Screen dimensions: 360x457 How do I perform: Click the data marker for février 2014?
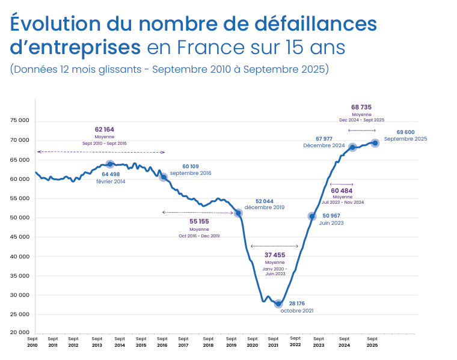(x=110, y=164)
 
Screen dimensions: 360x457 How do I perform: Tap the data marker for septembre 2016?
(x=163, y=177)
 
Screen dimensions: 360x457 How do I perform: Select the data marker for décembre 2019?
(x=238, y=213)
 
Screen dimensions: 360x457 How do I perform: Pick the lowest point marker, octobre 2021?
(x=278, y=304)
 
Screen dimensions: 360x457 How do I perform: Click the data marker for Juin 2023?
(x=311, y=216)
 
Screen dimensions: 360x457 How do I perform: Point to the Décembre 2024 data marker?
(x=352, y=147)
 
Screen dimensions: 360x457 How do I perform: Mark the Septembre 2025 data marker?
(x=375, y=143)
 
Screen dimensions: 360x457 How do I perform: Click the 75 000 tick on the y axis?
(x=20, y=120)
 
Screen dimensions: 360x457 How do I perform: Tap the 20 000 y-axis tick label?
(x=20, y=332)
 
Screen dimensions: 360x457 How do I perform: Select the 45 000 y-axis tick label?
(x=20, y=237)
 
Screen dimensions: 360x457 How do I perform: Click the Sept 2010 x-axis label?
(x=32, y=342)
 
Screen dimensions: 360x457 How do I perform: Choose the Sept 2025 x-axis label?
(x=372, y=342)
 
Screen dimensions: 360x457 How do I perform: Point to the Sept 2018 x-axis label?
(x=208, y=342)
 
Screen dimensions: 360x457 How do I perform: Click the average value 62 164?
(x=104, y=129)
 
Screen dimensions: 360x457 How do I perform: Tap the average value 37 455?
(x=275, y=255)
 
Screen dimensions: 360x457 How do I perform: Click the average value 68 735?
(x=361, y=107)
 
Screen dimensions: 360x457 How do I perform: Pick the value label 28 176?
(x=297, y=304)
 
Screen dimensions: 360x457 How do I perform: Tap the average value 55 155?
(x=199, y=221)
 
